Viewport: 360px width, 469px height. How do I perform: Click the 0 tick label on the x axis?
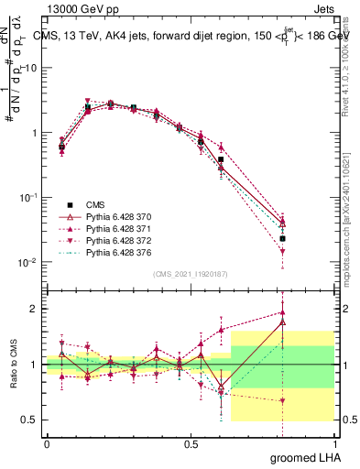click(x=47, y=442)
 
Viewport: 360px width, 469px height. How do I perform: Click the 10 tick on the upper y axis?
click(x=30, y=69)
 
